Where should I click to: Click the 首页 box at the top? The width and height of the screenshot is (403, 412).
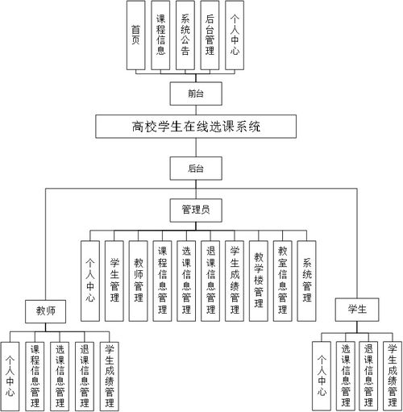coord(136,34)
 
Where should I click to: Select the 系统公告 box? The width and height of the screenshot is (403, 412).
coord(185,34)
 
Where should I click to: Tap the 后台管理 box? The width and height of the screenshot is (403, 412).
coord(210,34)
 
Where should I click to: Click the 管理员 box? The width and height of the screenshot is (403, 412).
coord(195,210)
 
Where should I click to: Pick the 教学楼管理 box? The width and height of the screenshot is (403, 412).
coord(258,274)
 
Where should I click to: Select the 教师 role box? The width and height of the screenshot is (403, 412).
coord(45,310)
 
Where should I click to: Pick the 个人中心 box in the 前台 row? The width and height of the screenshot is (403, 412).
coord(235,34)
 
